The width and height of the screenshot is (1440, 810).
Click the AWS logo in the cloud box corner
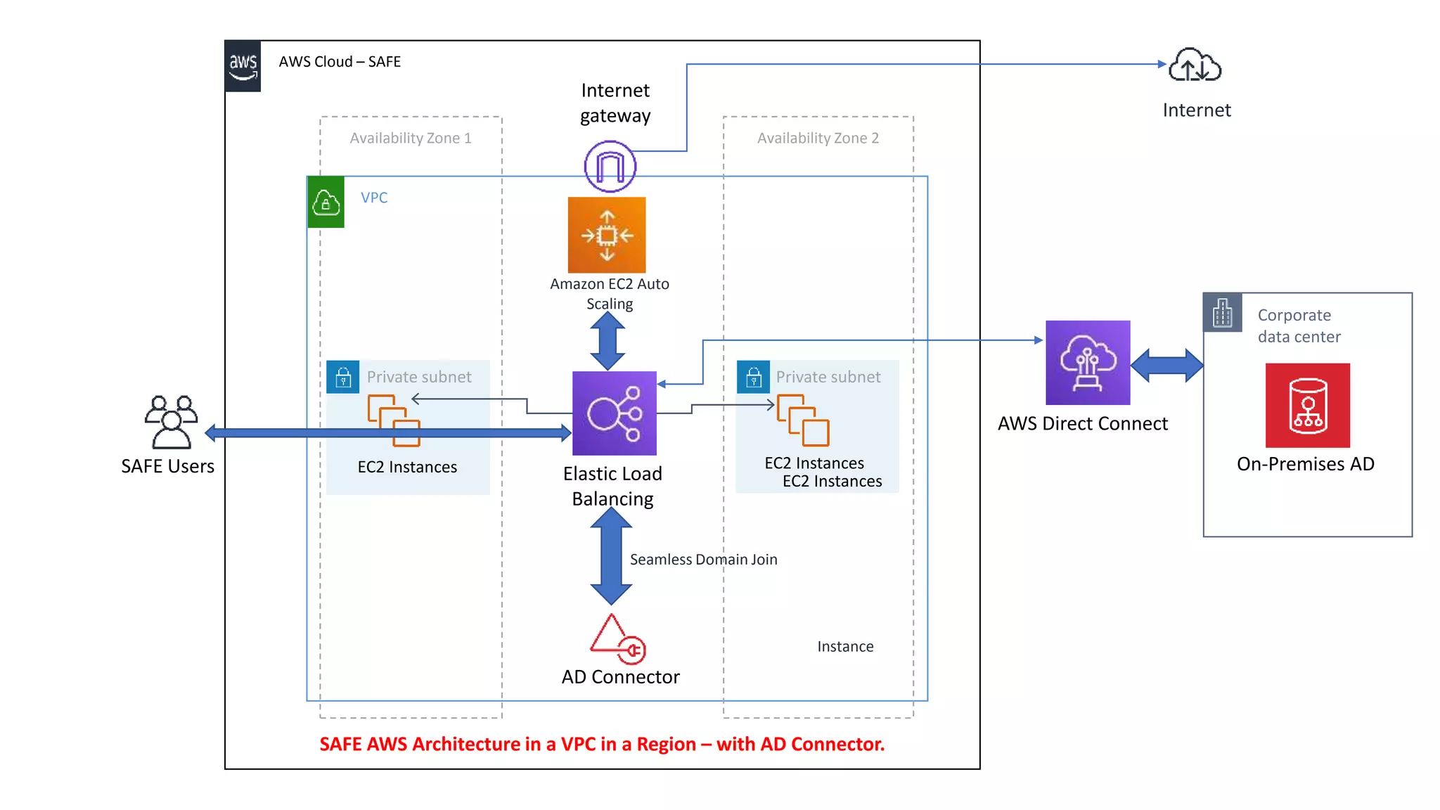tap(243, 66)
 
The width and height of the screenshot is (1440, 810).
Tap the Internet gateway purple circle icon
tap(610, 167)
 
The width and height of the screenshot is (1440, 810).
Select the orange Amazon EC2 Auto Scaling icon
tap(607, 235)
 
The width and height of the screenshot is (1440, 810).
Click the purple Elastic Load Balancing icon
tap(615, 413)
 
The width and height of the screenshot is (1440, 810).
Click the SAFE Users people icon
tap(171, 422)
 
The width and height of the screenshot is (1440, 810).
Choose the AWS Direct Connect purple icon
tap(1088, 363)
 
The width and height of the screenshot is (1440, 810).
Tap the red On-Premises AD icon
tap(1308, 406)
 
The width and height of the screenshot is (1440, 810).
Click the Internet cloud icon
tap(1195, 65)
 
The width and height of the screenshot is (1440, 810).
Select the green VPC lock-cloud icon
tap(326, 202)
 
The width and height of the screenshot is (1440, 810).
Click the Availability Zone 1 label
tap(411, 139)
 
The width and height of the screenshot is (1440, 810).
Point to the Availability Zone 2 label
tap(818, 139)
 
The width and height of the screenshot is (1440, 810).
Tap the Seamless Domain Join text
tap(703, 560)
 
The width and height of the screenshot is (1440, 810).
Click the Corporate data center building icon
tap(1223, 313)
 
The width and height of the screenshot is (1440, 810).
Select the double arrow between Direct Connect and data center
tap(1167, 366)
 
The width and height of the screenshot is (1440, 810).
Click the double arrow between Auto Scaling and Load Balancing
tap(607, 341)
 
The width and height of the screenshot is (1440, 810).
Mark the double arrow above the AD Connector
tap(611, 556)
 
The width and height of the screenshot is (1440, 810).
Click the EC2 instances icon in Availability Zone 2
tap(803, 420)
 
